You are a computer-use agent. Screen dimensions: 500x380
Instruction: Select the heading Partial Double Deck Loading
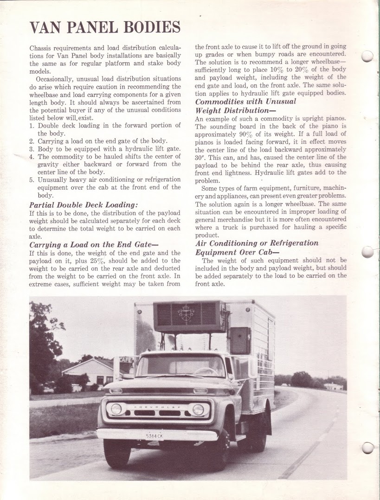(x=84, y=205)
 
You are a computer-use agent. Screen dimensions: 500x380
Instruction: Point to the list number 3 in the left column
(x=32, y=149)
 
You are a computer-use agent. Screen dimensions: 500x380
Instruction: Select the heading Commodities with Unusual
(x=245, y=102)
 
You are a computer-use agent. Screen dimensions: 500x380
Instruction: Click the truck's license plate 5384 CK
(x=154, y=436)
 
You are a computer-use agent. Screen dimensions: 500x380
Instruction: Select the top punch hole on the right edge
(x=367, y=56)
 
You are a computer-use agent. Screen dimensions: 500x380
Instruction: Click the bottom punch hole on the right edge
(x=367, y=448)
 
